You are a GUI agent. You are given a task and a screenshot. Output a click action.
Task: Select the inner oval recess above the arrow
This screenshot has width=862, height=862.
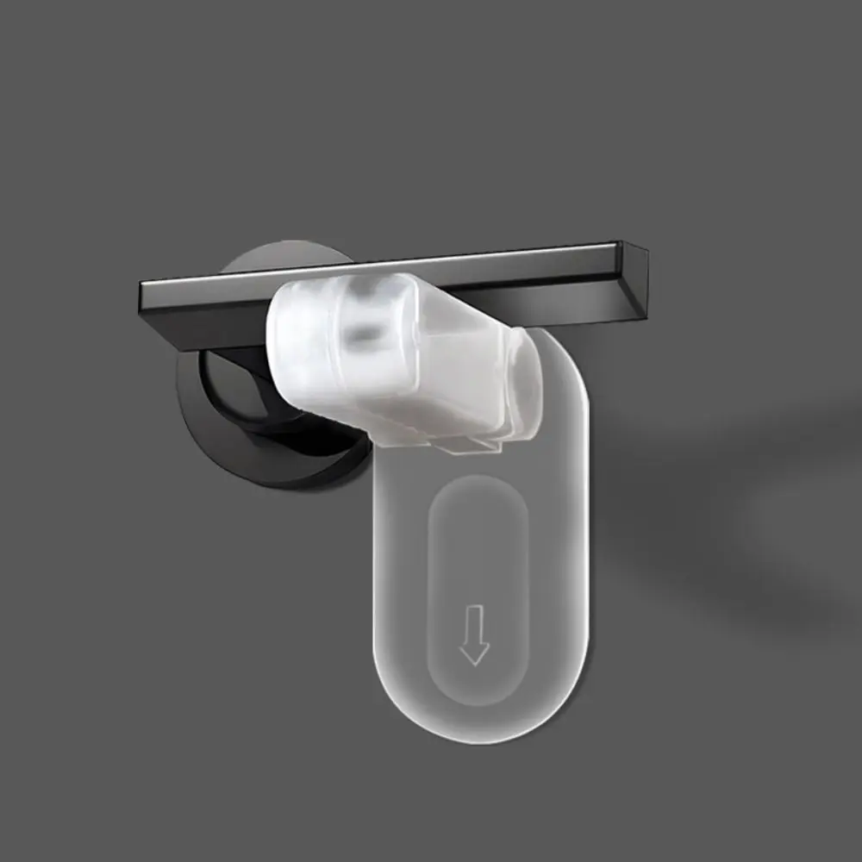pyautogui.click(x=477, y=552)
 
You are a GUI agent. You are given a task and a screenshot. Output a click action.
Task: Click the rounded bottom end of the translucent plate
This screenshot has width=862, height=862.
pyautogui.click(x=483, y=724)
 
